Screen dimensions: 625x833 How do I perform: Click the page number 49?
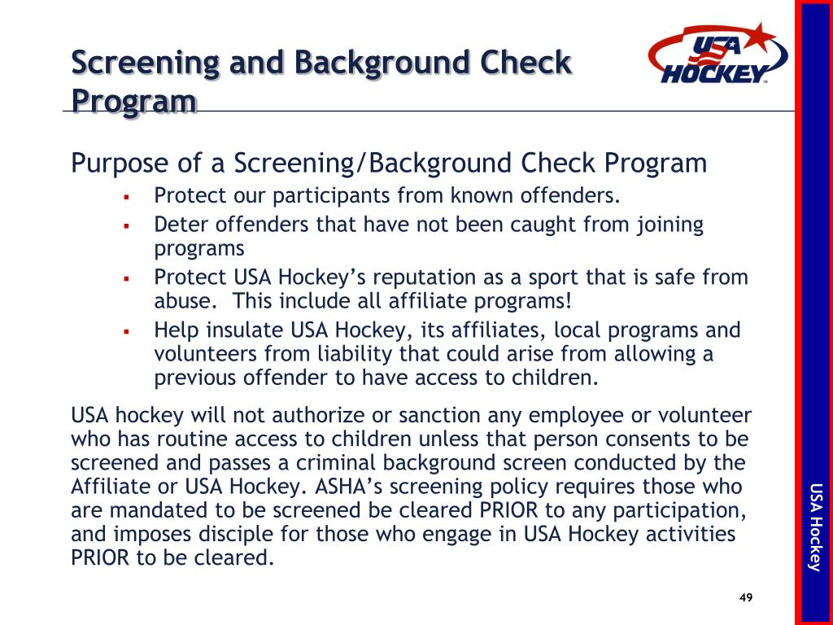[x=745, y=598]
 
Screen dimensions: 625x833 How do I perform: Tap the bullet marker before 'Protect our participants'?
[x=127, y=197]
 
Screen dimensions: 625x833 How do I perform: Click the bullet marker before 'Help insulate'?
[x=127, y=331]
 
